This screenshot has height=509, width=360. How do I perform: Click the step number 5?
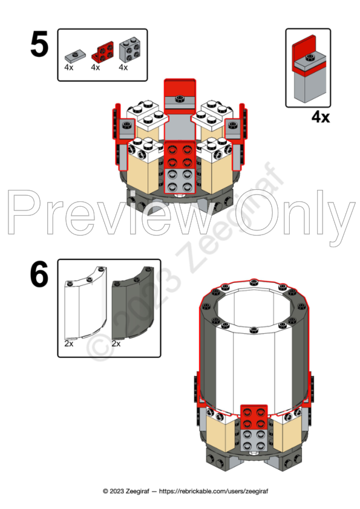click(x=39, y=45)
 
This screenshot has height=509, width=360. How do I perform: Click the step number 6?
click(x=39, y=274)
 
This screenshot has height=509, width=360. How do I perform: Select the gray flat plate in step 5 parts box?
click(x=75, y=56)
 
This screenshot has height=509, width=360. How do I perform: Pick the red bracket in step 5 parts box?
click(x=103, y=51)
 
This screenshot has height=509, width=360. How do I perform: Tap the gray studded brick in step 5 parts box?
click(x=130, y=50)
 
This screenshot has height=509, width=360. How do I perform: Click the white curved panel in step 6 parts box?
click(x=86, y=303)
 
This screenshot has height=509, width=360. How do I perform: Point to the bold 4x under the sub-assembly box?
click(x=321, y=117)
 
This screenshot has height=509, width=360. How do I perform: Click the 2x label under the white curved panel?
click(x=69, y=343)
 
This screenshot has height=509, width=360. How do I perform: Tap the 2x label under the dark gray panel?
click(x=116, y=343)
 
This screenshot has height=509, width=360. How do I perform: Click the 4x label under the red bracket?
click(x=96, y=68)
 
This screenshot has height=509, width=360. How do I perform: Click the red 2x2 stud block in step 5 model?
click(x=180, y=155)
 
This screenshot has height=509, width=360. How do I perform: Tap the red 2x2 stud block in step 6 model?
click(x=254, y=417)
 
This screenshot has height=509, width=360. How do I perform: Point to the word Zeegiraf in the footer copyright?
click(x=137, y=491)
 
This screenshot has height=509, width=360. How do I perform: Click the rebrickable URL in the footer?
click(x=214, y=491)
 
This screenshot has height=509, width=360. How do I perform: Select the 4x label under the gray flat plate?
click(x=69, y=68)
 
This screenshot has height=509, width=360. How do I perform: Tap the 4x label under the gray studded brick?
click(x=123, y=68)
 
